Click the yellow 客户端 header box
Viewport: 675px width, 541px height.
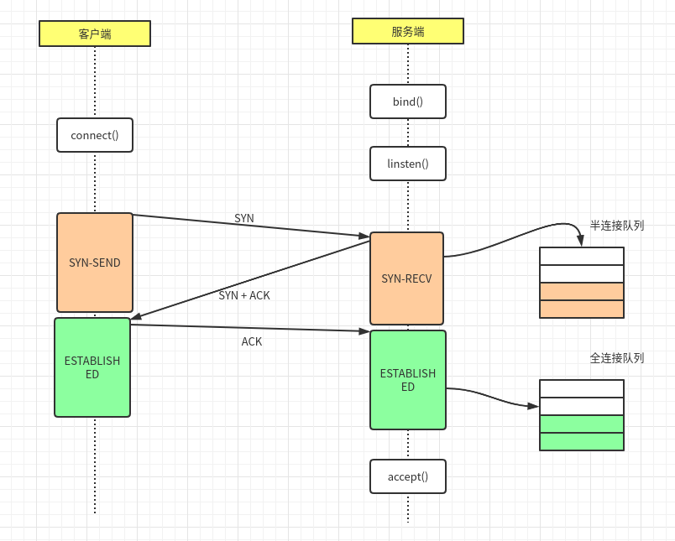pyautogui.click(x=95, y=34)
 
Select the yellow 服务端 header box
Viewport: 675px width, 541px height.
pyautogui.click(x=407, y=31)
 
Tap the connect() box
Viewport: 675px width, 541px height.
pyautogui.click(x=95, y=135)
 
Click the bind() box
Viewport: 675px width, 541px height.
pyautogui.click(x=408, y=101)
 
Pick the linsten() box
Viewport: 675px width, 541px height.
pyautogui.click(x=408, y=164)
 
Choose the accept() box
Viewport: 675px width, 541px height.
pyautogui.click(x=408, y=476)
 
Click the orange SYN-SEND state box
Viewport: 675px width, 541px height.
pyautogui.click(x=95, y=263)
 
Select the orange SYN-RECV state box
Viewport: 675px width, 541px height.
pyautogui.click(x=406, y=278)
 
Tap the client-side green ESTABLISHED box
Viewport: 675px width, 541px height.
pyautogui.click(x=92, y=367)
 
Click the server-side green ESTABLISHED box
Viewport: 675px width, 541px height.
pyautogui.click(x=408, y=380)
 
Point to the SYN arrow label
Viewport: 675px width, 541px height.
pyautogui.click(x=244, y=218)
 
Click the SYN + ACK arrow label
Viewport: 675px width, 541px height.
pyautogui.click(x=244, y=295)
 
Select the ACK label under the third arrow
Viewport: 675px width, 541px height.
pyautogui.click(x=252, y=341)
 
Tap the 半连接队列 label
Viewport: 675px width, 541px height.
pyautogui.click(x=616, y=226)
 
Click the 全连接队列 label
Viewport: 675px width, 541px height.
pyautogui.click(x=616, y=358)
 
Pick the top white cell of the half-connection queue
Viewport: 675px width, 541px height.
pyautogui.click(x=582, y=256)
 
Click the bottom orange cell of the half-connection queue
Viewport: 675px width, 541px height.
pyautogui.click(x=582, y=309)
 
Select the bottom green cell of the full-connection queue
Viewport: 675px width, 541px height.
pyautogui.click(x=582, y=441)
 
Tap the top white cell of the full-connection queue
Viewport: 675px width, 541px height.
pyautogui.click(x=582, y=388)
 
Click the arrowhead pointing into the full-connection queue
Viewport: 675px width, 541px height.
pyautogui.click(x=533, y=406)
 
